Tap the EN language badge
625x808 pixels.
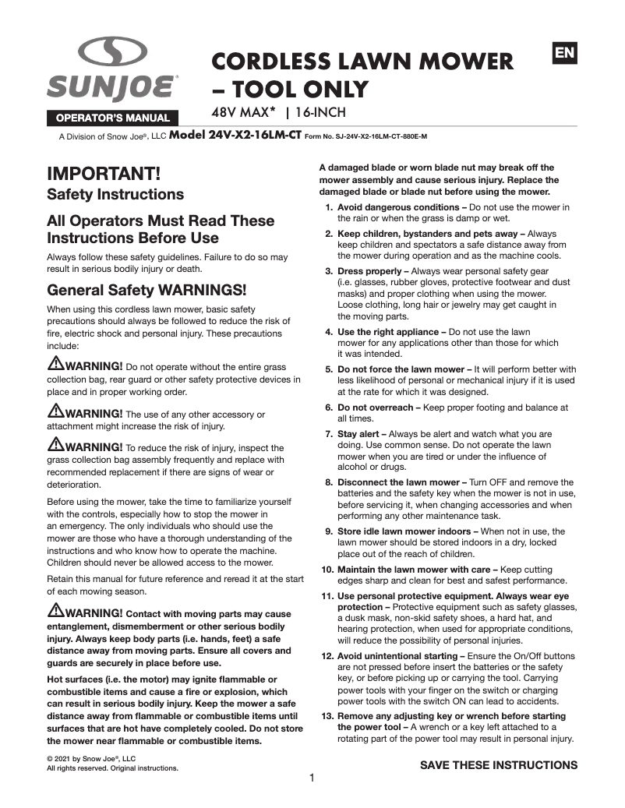coord(564,53)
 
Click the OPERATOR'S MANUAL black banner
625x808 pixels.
coord(111,118)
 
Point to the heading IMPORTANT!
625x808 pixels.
coord(104,173)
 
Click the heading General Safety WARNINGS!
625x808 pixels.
coord(147,291)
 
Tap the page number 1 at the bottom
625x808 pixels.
coord(312,778)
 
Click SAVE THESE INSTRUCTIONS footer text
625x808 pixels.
coord(499,764)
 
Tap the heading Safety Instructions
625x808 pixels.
coord(115,194)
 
